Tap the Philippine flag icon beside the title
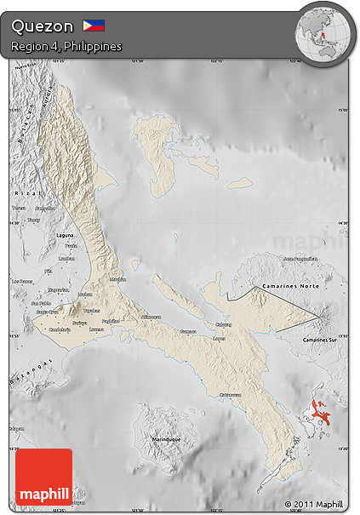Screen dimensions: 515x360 94,26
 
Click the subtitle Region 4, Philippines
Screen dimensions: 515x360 66,46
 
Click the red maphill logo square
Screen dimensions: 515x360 43,477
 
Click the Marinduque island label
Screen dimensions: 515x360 164,438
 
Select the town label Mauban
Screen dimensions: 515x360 118,278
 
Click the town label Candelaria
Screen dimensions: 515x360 59,329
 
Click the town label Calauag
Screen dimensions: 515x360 223,323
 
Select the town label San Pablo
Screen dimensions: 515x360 40,303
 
